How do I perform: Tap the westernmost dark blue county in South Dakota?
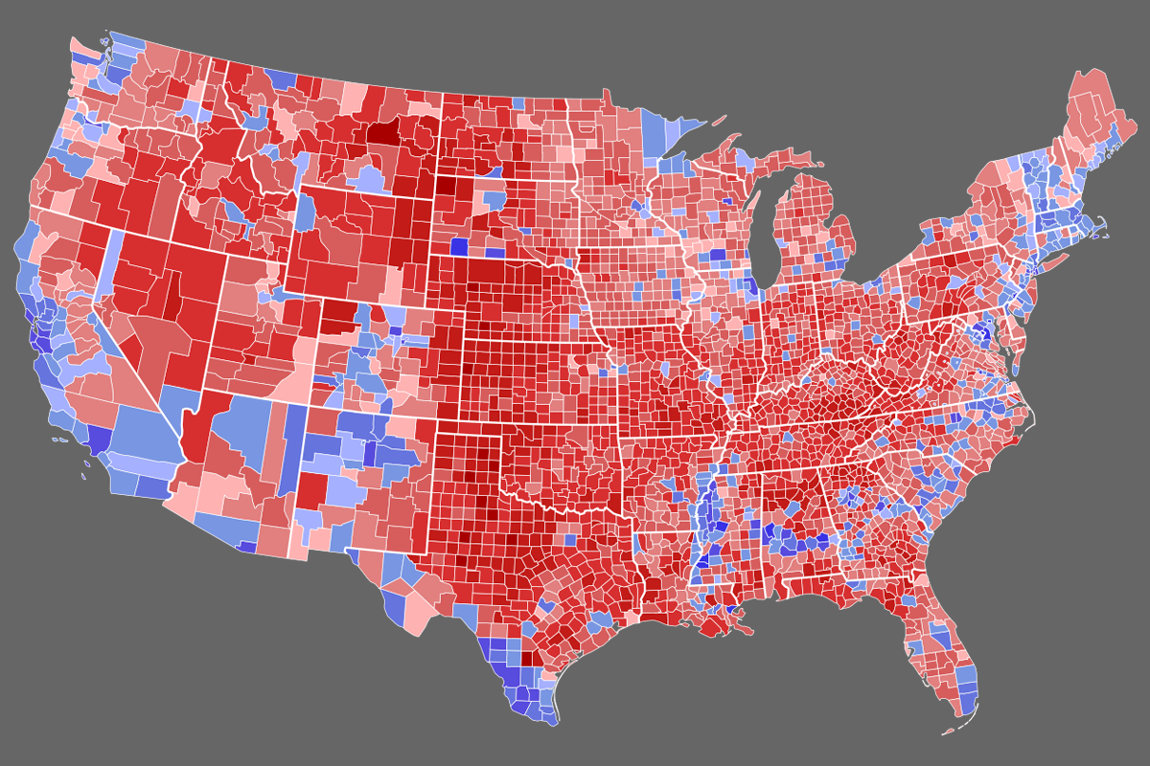pyautogui.click(x=459, y=246)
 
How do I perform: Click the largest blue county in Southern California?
pyautogui.click(x=144, y=431)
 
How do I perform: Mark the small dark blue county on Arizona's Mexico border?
pyautogui.click(x=246, y=547)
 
